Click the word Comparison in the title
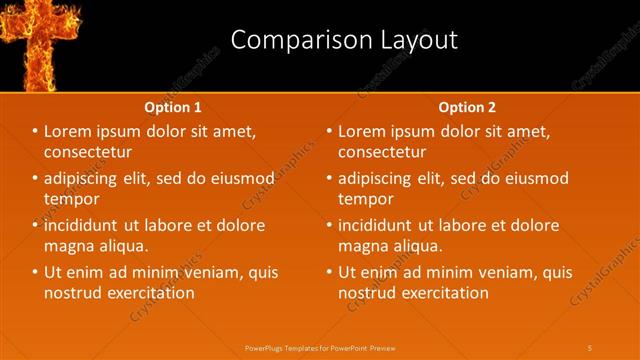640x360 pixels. click(297, 40)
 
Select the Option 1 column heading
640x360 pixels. click(173, 107)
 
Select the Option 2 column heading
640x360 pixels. click(467, 107)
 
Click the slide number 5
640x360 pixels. click(590, 347)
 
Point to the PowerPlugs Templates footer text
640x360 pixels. click(320, 347)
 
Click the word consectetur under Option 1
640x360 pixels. click(89, 152)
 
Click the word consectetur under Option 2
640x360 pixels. click(382, 152)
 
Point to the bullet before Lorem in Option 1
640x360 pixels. click(35, 132)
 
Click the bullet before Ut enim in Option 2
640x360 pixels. click(329, 272)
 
